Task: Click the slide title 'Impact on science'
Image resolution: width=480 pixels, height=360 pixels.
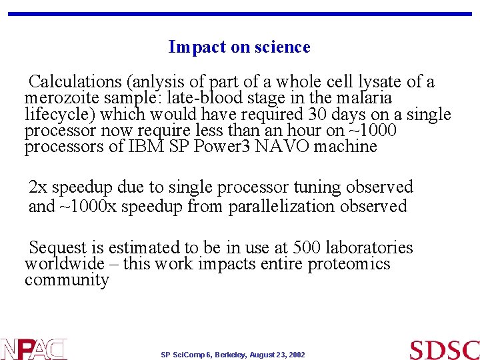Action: coord(239,47)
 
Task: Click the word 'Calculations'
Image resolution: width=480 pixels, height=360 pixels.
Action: coord(75,83)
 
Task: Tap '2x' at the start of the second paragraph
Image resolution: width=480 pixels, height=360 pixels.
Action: coord(38,188)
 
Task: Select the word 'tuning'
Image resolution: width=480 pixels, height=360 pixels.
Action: coord(315,188)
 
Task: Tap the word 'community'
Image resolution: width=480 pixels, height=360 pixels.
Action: coord(67,280)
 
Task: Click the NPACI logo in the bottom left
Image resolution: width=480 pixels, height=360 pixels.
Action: coord(33,349)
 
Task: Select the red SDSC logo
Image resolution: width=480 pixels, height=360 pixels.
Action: coord(444,349)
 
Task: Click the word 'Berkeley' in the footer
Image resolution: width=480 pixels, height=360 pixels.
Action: coord(231,355)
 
